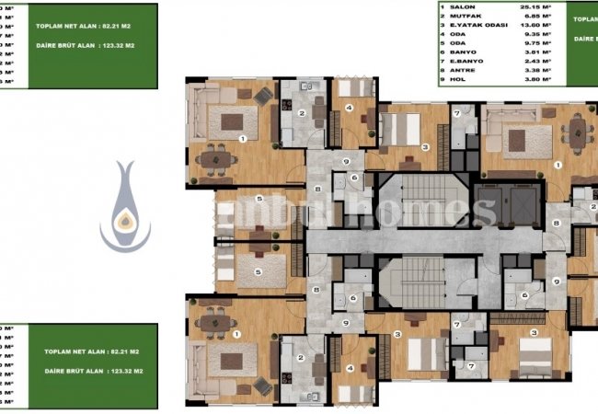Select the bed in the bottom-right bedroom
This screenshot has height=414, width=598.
(x=533, y=351)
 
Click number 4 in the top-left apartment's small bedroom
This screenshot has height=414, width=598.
(x=350, y=107)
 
